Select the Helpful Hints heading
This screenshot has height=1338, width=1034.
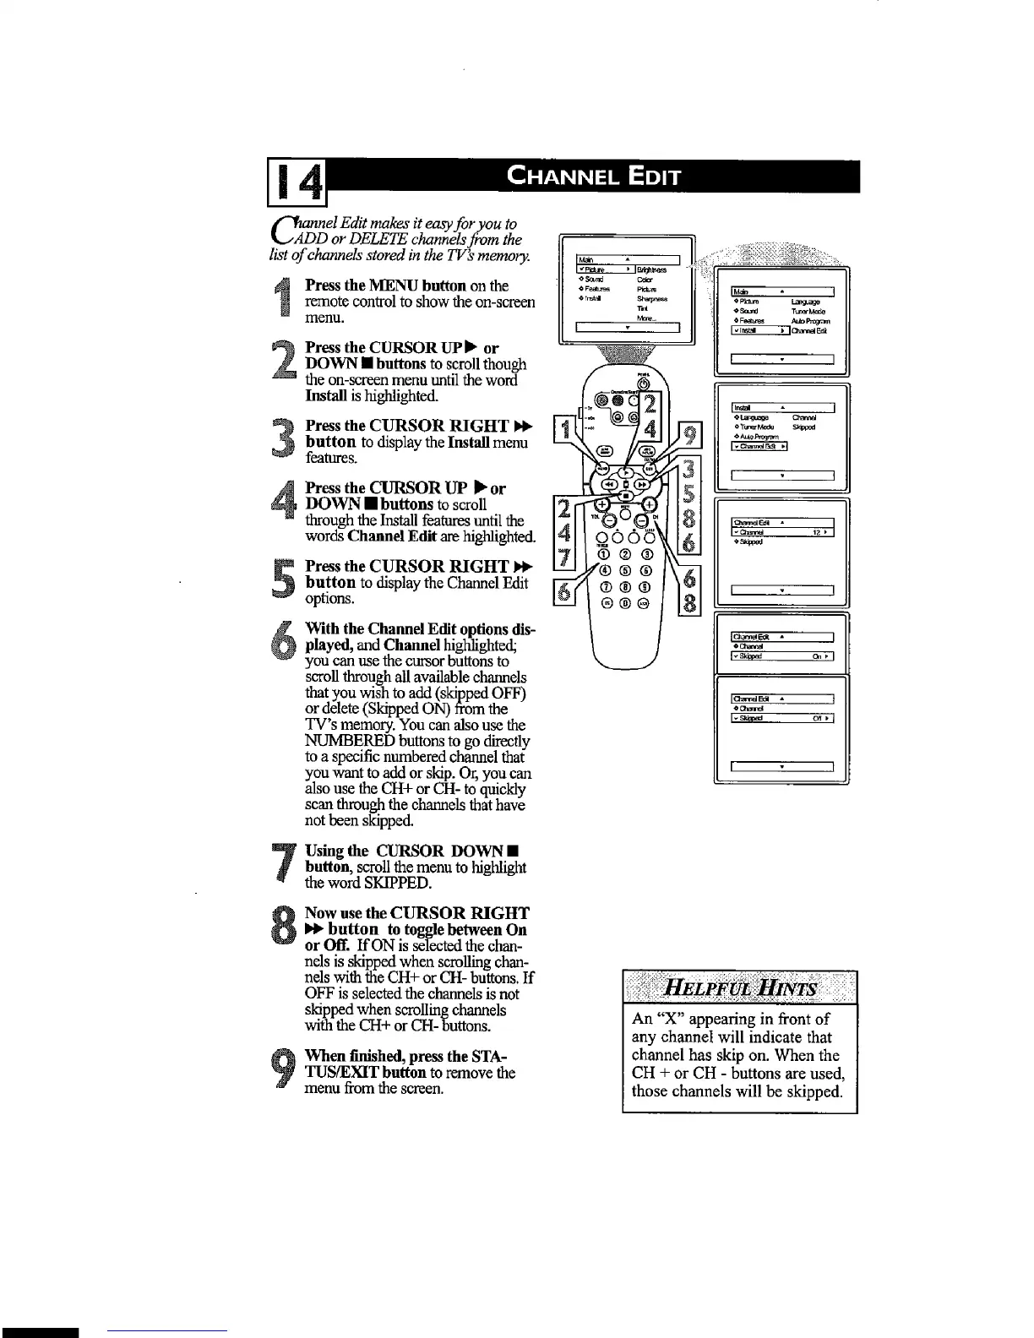pos(740,988)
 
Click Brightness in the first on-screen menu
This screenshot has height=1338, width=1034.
pos(651,270)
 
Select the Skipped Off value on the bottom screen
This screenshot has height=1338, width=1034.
pos(819,719)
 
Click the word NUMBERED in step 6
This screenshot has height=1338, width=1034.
pos(340,741)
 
